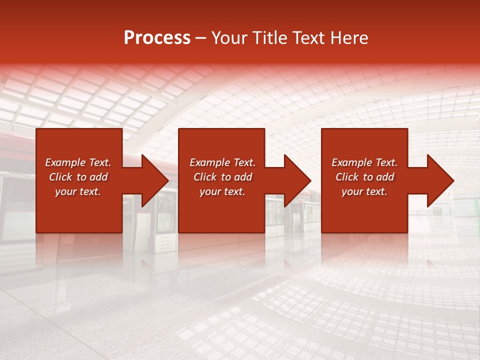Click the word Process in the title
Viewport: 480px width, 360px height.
[x=157, y=38]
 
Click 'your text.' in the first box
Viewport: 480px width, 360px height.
[x=78, y=191]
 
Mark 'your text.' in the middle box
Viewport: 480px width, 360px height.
[x=222, y=191]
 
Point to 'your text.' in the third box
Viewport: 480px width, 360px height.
[x=364, y=191]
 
